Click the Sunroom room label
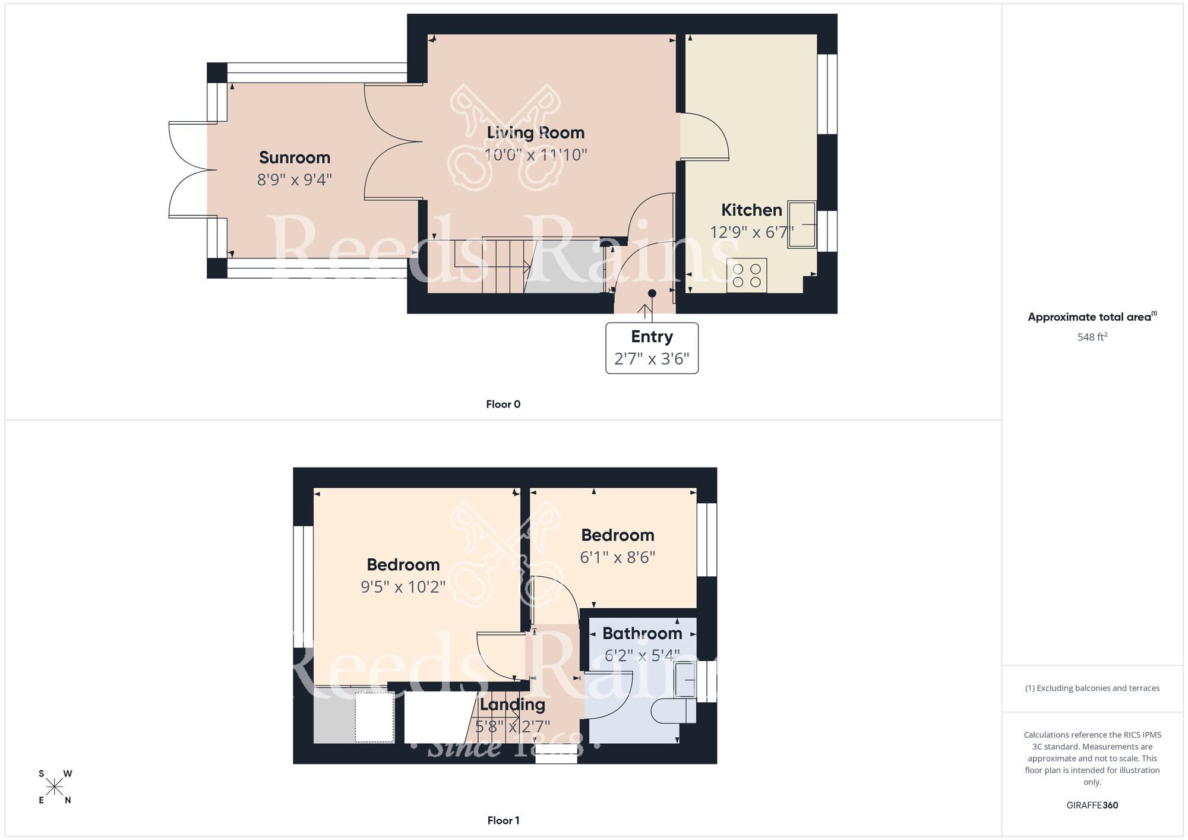click(295, 157)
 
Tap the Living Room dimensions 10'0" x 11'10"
click(536, 155)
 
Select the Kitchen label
click(751, 210)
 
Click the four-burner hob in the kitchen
click(747, 276)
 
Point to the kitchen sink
click(802, 225)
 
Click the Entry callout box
click(652, 348)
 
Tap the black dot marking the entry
click(652, 293)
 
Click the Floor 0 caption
click(503, 404)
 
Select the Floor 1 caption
click(503, 820)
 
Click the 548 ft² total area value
click(1092, 337)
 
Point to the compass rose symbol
click(55, 787)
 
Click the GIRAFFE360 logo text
click(1092, 806)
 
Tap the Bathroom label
click(642, 633)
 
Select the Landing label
click(512, 705)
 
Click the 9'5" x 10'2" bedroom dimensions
click(403, 587)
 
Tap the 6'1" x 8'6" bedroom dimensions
click(617, 557)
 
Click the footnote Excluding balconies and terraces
click(1092, 688)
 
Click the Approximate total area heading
click(1092, 317)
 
